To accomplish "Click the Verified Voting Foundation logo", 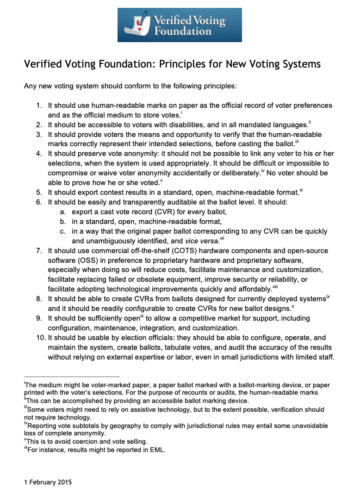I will [x=180, y=25].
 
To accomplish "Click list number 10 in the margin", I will [x=40, y=338].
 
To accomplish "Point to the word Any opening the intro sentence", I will [x=30, y=86].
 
